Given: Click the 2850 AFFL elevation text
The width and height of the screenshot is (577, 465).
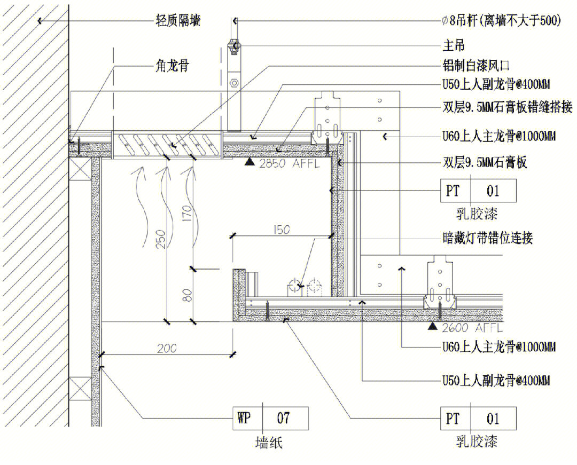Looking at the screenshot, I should point(289,163).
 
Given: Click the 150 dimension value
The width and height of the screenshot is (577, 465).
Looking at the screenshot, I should point(281,230).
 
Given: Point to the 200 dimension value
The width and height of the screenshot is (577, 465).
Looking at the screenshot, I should point(168,349).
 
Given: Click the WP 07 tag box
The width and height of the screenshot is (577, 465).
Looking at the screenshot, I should point(270,417).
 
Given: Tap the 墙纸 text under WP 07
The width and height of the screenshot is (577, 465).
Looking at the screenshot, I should point(270,443).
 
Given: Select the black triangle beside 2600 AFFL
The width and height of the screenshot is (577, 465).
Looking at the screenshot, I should point(432,326).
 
